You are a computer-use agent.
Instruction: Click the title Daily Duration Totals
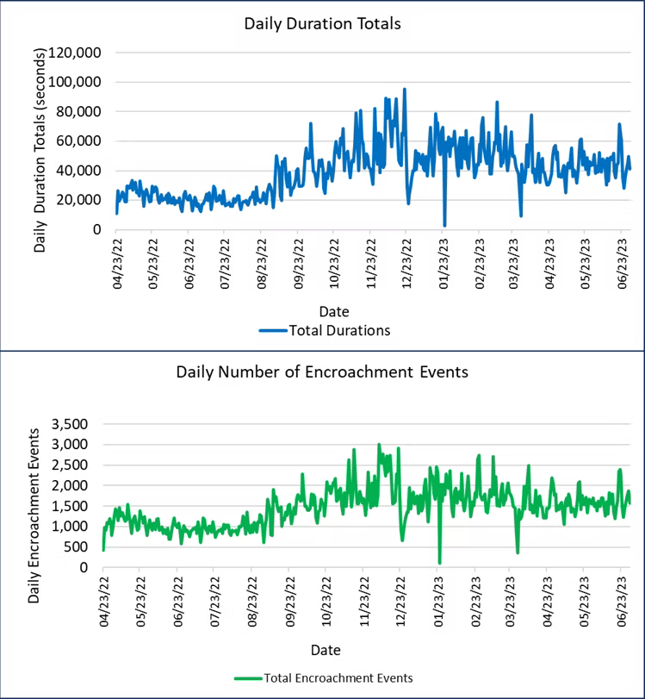322,23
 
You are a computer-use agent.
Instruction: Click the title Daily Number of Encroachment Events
322,372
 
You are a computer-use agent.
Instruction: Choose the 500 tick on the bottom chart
76,547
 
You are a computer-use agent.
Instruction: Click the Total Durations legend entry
339,329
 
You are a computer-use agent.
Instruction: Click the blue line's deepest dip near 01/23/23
444,225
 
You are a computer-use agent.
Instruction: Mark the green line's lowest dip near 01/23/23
439,563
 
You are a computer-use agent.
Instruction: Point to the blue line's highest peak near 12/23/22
405,89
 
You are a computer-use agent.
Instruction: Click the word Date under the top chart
332,310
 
